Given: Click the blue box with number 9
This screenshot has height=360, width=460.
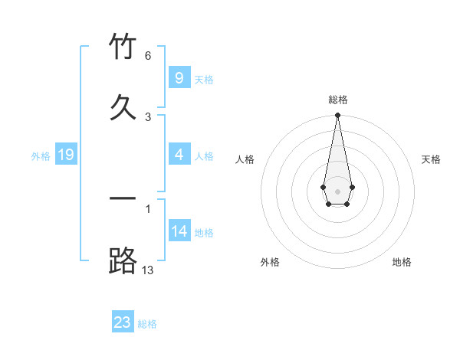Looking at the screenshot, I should pos(179,77).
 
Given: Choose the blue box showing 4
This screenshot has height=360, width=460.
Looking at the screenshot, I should pos(179,155).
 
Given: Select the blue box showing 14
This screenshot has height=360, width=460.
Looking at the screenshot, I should pos(179,231).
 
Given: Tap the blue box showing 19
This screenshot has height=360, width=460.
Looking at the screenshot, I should pos(65,155).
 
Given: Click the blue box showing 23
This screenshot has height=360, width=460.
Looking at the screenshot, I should pos(123,322).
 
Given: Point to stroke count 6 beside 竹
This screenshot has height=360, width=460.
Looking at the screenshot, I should pos(148,56).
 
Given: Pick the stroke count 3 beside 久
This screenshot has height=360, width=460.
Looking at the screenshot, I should pos(148,116).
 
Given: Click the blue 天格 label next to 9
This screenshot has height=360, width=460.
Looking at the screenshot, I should pos(204,79).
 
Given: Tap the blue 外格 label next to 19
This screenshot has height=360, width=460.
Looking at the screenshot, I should pos(41,156).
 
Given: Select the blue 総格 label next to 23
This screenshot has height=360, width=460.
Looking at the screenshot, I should pos(147,324).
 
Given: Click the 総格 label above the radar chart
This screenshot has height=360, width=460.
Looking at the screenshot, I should pos(337,100).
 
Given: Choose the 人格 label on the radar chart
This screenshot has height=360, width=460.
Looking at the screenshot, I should pos(245,159).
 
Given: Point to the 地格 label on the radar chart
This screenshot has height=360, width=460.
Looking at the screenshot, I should pos(402,262).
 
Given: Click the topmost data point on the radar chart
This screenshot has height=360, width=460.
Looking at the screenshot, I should pos(337,115).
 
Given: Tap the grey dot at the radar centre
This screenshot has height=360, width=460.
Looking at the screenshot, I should pos(337,190).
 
